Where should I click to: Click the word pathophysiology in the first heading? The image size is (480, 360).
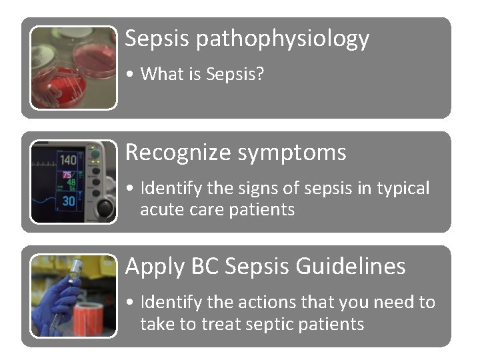tap(283, 39)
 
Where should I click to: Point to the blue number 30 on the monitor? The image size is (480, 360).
tap(69, 201)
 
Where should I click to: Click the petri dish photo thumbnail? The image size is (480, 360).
tap(73, 67)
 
